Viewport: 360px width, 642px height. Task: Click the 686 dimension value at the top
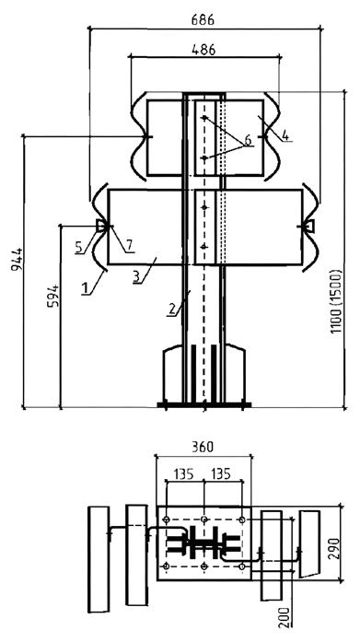pyautogui.click(x=203, y=19)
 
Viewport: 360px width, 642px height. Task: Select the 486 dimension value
pyautogui.click(x=203, y=49)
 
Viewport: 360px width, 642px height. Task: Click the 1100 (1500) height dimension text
pyautogui.click(x=336, y=301)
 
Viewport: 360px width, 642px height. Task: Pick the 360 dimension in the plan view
pyautogui.click(x=203, y=447)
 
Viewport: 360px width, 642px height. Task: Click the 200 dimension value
pyautogui.click(x=285, y=617)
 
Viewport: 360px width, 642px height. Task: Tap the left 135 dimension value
pyautogui.click(x=183, y=474)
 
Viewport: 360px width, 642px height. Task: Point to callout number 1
pyautogui.click(x=86, y=288)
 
